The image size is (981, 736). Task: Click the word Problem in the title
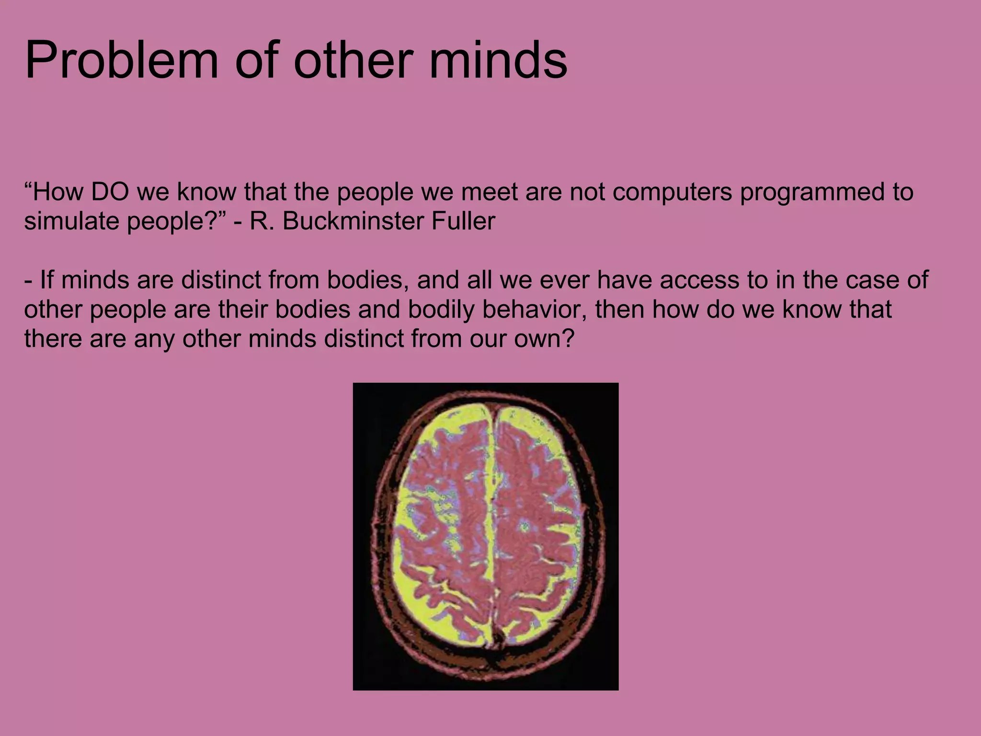coord(121,61)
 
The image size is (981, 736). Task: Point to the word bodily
coord(441,310)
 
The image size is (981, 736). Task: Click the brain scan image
coord(485,536)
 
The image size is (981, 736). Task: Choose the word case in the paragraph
coord(867,280)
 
